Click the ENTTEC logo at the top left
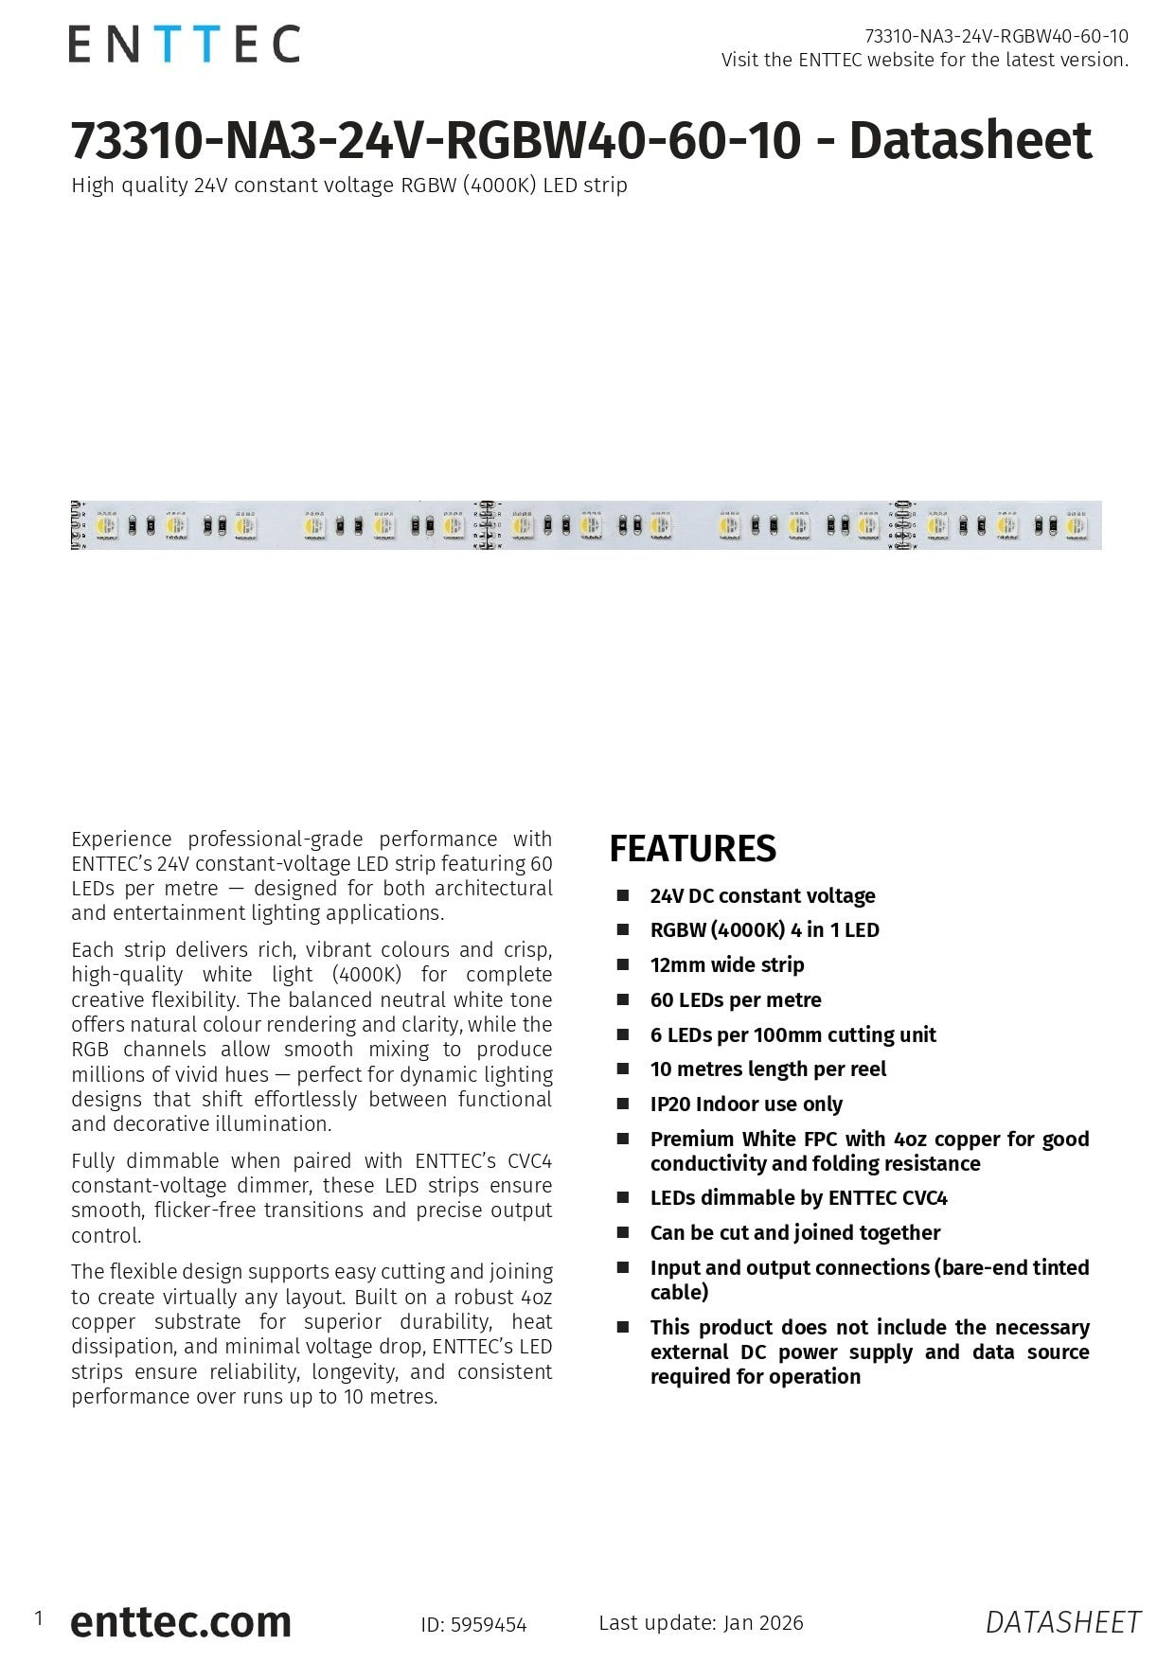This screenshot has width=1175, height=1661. click(185, 44)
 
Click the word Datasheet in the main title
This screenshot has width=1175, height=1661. click(970, 140)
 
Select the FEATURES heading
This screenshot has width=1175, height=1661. click(692, 849)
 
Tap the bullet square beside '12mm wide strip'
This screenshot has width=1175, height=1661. click(623, 964)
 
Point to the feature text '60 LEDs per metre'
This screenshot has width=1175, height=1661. click(736, 999)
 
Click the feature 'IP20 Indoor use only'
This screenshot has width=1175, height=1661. click(746, 1104)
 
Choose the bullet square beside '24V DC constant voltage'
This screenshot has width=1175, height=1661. click(623, 895)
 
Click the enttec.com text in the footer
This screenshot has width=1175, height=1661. click(181, 1621)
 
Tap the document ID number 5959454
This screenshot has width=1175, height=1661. click(489, 1625)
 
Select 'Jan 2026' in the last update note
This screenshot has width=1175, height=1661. click(763, 1622)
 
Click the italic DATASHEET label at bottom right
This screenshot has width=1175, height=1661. click(1062, 1622)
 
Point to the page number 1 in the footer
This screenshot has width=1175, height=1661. click(39, 1618)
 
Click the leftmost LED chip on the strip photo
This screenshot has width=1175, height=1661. click(106, 524)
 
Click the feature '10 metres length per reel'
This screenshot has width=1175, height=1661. click(768, 1069)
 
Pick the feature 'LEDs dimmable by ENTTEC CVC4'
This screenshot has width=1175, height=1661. click(798, 1197)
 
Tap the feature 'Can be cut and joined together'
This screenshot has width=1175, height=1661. click(795, 1232)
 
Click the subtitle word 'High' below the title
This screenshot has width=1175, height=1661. click(91, 186)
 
